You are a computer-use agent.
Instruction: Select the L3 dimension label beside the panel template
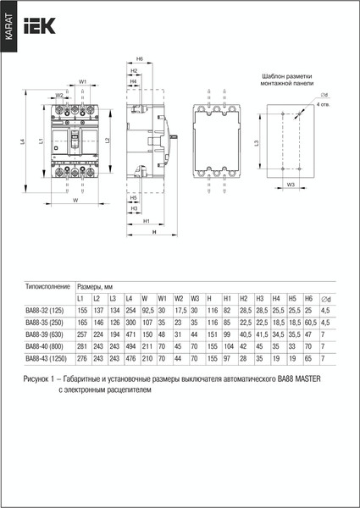click(x=256, y=145)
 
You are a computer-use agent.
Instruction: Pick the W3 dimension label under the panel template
click(x=290, y=184)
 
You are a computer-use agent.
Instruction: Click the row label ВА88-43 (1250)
click(x=50, y=358)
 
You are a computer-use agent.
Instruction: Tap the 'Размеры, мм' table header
click(x=97, y=287)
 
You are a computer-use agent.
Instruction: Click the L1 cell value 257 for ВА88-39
click(x=81, y=334)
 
